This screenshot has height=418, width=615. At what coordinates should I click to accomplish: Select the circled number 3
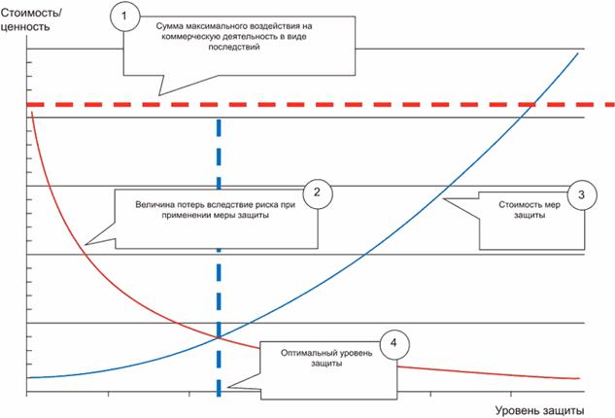[x=581, y=194]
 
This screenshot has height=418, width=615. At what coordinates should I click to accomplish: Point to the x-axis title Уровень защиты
[x=545, y=411]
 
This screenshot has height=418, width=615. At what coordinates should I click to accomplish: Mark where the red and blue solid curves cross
[x=216, y=336]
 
